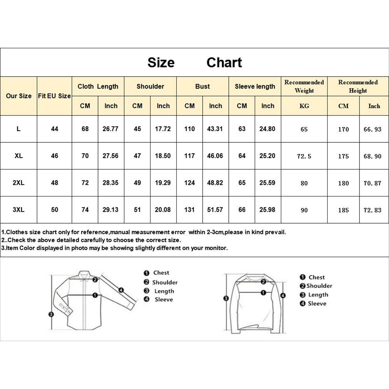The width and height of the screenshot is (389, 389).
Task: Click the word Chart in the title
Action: click(224, 63)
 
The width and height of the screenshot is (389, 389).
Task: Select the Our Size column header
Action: click(19, 96)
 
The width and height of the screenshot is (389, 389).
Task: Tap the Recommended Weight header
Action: click(304, 86)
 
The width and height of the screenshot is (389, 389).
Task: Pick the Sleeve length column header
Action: click(255, 86)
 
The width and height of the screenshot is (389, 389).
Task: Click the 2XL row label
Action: click(19, 183)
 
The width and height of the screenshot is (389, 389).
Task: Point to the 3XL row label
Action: click(19, 210)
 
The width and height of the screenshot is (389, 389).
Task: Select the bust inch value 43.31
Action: click(216, 129)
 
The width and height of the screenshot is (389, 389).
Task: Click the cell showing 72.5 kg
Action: click(304, 156)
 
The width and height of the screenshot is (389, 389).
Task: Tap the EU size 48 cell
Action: click(54, 183)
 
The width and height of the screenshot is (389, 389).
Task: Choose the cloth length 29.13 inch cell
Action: click(111, 210)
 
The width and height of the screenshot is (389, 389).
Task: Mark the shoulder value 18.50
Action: click(163, 156)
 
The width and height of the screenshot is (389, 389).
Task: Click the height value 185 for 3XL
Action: click(343, 210)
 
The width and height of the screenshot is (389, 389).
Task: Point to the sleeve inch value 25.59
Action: click(267, 183)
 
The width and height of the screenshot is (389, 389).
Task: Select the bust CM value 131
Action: click(189, 210)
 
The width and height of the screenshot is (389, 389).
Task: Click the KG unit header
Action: click(304, 106)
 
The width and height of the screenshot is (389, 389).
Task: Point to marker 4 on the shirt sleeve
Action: click(121, 290)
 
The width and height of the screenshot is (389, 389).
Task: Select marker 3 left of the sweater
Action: click(225, 299)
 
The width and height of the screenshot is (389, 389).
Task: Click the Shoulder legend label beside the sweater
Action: click(319, 286)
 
